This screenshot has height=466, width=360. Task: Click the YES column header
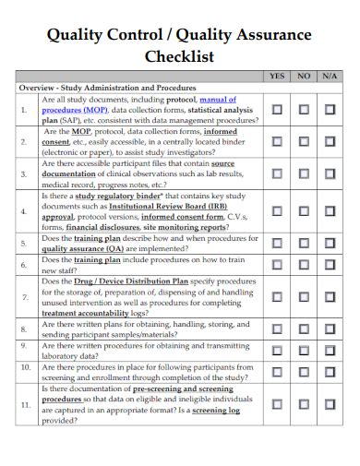pyautogui.click(x=277, y=77)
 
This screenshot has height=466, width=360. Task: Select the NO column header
pyautogui.click(x=304, y=77)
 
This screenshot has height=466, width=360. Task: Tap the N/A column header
pyautogui.click(x=330, y=77)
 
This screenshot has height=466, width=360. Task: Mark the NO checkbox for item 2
pyautogui.click(x=304, y=142)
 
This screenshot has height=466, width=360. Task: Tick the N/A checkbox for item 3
pyautogui.click(x=330, y=173)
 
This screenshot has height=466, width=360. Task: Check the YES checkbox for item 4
pyautogui.click(x=277, y=211)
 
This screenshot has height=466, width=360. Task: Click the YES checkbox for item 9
pyautogui.click(x=277, y=350)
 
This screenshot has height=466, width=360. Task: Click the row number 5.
pyautogui.click(x=25, y=243)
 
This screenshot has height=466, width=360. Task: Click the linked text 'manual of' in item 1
pyautogui.click(x=218, y=99)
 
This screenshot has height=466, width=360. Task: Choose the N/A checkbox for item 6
pyautogui.click(x=330, y=265)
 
